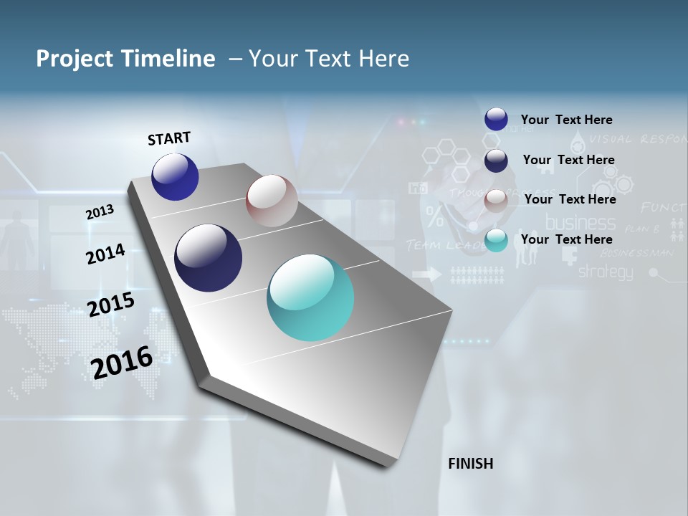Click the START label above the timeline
pos(169,138)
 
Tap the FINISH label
pos(470,464)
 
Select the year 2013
pos(100,212)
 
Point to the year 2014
pos(105,254)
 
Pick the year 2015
pos(110,304)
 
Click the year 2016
pos(122,362)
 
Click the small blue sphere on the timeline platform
pos(175,176)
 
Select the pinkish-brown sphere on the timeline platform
pos(272,201)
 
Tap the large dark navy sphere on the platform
pos(208,258)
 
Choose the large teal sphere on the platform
pos(310,297)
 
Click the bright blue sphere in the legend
pos(496,119)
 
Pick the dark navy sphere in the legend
pos(496,161)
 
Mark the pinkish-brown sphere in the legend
pos(496,201)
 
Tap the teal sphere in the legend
pos(496,241)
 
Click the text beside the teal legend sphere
pos(566,239)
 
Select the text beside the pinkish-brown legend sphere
pos(570,199)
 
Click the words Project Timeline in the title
pos(125,59)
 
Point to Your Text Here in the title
pos(328,59)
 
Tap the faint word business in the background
pos(580,222)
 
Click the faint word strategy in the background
pos(606,272)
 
